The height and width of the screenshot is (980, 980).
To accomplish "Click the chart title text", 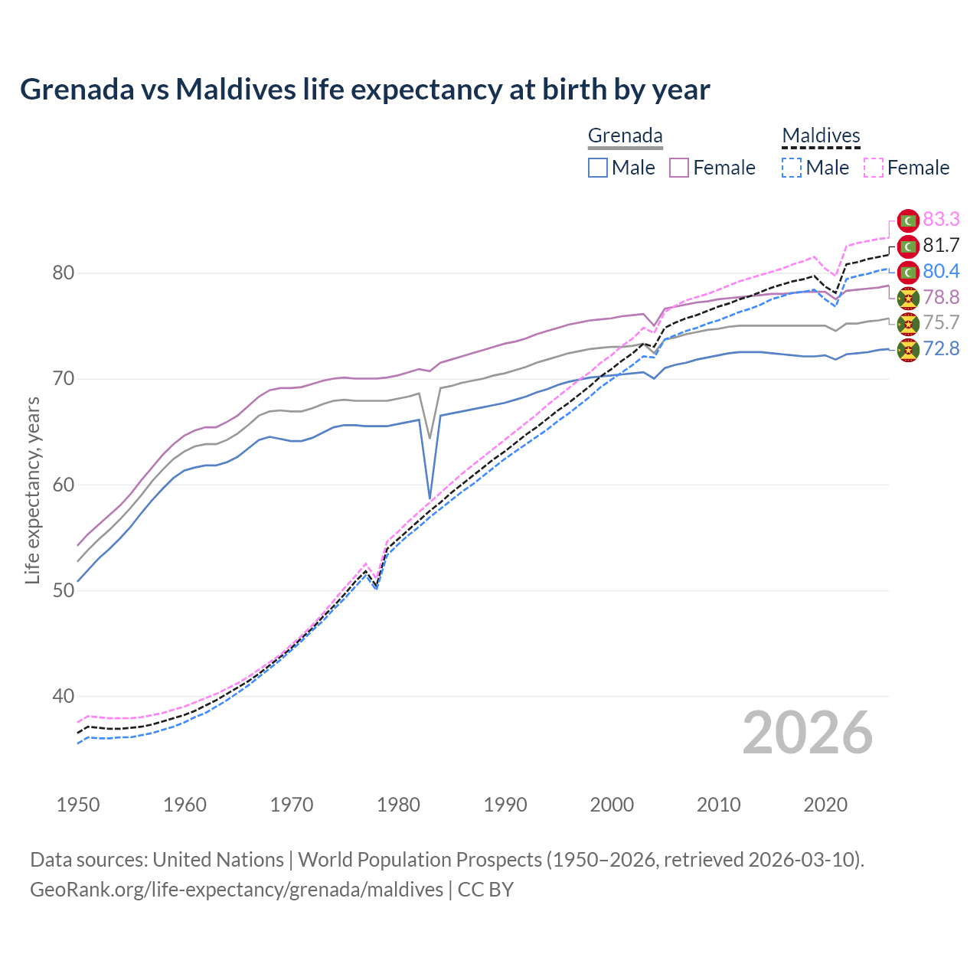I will coord(364,90).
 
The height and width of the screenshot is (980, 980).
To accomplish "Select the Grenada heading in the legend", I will coord(625,136).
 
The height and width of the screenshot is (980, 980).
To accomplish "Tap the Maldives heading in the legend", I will coord(821,136).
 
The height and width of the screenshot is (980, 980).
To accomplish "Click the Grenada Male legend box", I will coord(598,168).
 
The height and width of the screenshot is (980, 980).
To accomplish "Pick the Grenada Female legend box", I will coord(679,168).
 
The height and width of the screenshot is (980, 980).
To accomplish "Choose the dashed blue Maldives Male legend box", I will coord(792,168).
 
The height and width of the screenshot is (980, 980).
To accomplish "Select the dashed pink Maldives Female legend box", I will coord(873,168).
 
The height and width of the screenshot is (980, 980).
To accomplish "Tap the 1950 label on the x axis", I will coord(78,805).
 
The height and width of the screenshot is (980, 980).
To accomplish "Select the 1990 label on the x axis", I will coord(505,805).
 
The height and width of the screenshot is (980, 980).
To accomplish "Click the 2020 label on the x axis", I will coord(825,805).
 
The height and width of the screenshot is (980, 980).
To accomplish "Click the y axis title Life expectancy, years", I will coord(32,490).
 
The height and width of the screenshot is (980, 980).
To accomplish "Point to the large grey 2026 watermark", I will coord(808,733).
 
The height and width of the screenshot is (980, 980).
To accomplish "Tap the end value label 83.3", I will coord(941,220).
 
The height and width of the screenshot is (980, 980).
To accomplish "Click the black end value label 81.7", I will coord(941,246).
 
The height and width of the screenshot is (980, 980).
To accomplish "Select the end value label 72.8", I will coord(941,349).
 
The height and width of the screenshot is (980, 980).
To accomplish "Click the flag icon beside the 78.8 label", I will coord(908,298).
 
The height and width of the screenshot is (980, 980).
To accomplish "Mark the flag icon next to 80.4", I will coord(908,272).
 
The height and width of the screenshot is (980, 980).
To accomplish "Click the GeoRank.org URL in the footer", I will coord(237,890).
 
